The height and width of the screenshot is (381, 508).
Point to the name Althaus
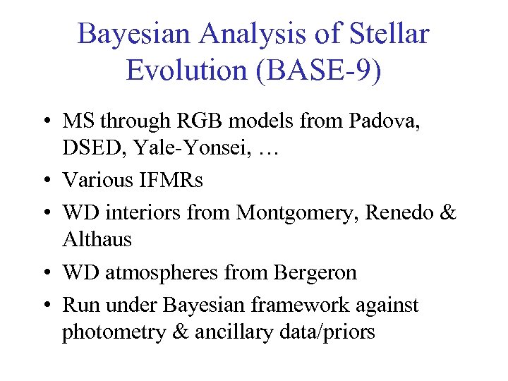(x=97, y=239)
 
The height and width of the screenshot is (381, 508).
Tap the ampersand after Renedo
(x=447, y=212)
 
